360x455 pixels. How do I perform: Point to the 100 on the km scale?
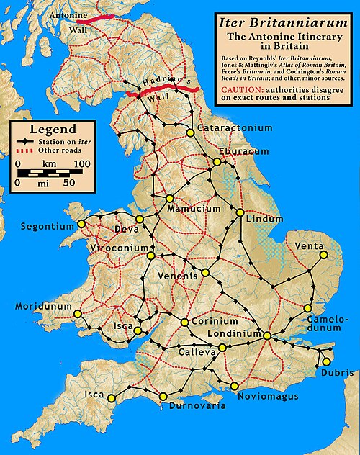pos(81,164)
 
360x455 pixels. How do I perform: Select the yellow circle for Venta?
pos(323,254)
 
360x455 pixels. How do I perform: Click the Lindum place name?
pos(261,218)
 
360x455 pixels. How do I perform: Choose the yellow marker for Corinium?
pos(185,322)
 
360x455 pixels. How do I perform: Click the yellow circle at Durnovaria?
pos(163,396)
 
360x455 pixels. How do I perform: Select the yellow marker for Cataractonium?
pos(190,132)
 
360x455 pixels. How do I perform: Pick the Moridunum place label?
pos(43,306)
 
